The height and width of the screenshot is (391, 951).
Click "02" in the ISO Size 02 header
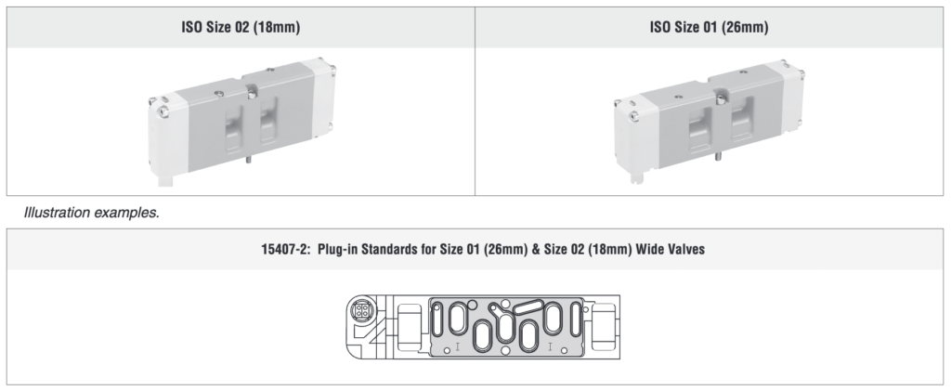tap(242, 27)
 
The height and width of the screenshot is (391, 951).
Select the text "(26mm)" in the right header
tap(748, 27)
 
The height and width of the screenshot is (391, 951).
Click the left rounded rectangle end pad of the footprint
tap(410, 327)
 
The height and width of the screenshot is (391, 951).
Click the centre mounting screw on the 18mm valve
tap(251, 90)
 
